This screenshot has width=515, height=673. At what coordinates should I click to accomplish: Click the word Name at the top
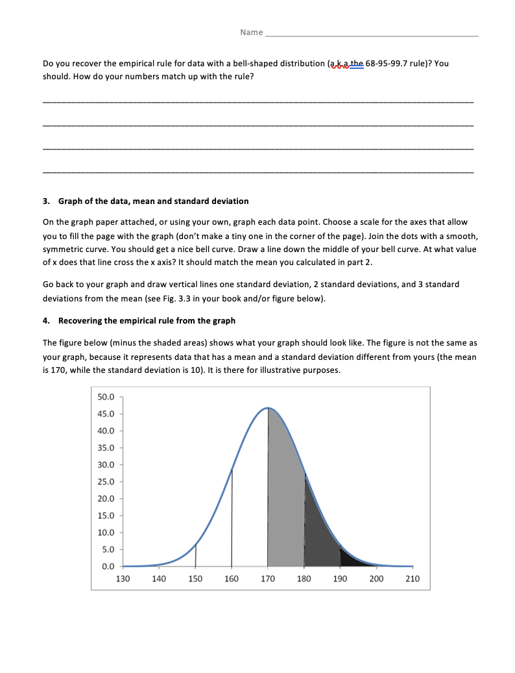point(251,32)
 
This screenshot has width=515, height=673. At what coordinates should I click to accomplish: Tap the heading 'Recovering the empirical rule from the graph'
point(147,320)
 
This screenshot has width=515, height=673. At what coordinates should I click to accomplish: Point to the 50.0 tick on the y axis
point(105,397)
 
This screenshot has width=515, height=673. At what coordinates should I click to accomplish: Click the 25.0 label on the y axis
point(105,482)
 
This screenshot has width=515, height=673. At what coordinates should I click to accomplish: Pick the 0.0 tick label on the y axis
point(108,566)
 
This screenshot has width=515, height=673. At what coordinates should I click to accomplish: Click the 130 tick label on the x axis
point(123,579)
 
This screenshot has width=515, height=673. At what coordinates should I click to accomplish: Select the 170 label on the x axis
point(267,579)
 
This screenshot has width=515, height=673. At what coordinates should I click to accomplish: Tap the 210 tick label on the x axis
point(413,579)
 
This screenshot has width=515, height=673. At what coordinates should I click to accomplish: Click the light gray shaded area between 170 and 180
point(285,507)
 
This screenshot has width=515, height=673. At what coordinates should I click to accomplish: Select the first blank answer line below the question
point(257,102)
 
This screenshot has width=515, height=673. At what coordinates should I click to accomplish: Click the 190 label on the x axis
point(340,579)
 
